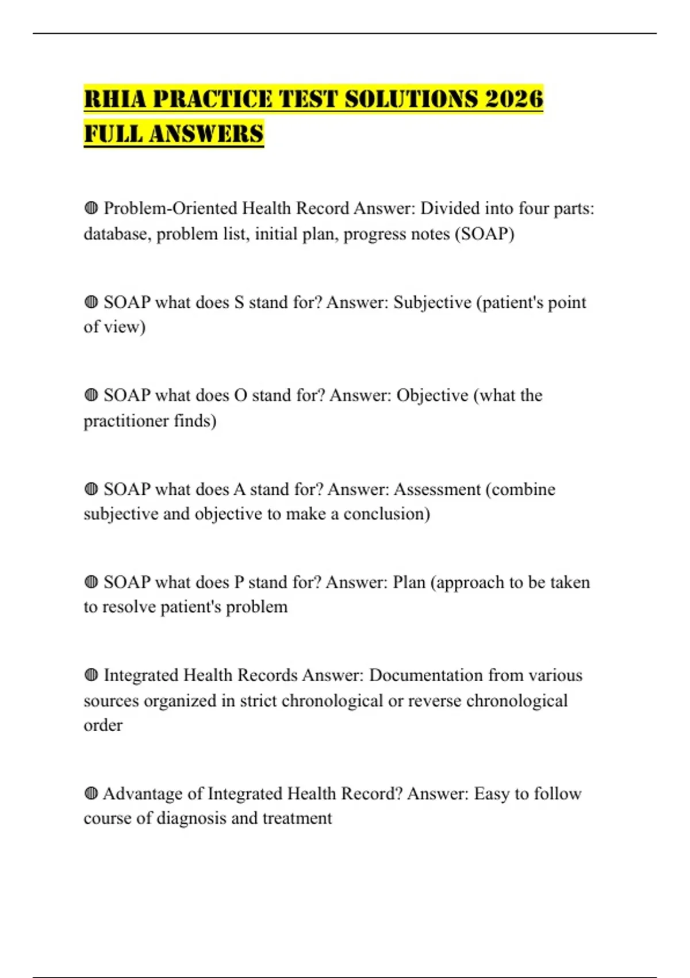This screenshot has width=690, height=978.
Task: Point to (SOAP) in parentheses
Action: pos(484,234)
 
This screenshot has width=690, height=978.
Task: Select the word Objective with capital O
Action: pos(432,395)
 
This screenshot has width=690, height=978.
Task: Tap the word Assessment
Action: pos(436,489)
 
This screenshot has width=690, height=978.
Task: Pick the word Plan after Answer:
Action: pos(409,582)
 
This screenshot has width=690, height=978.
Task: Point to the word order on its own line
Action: pos(103,725)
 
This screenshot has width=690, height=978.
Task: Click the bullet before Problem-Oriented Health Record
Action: pos(91,208)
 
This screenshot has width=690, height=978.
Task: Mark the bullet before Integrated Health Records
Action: pos(91,675)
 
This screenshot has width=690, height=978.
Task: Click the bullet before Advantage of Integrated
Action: pos(91,794)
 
